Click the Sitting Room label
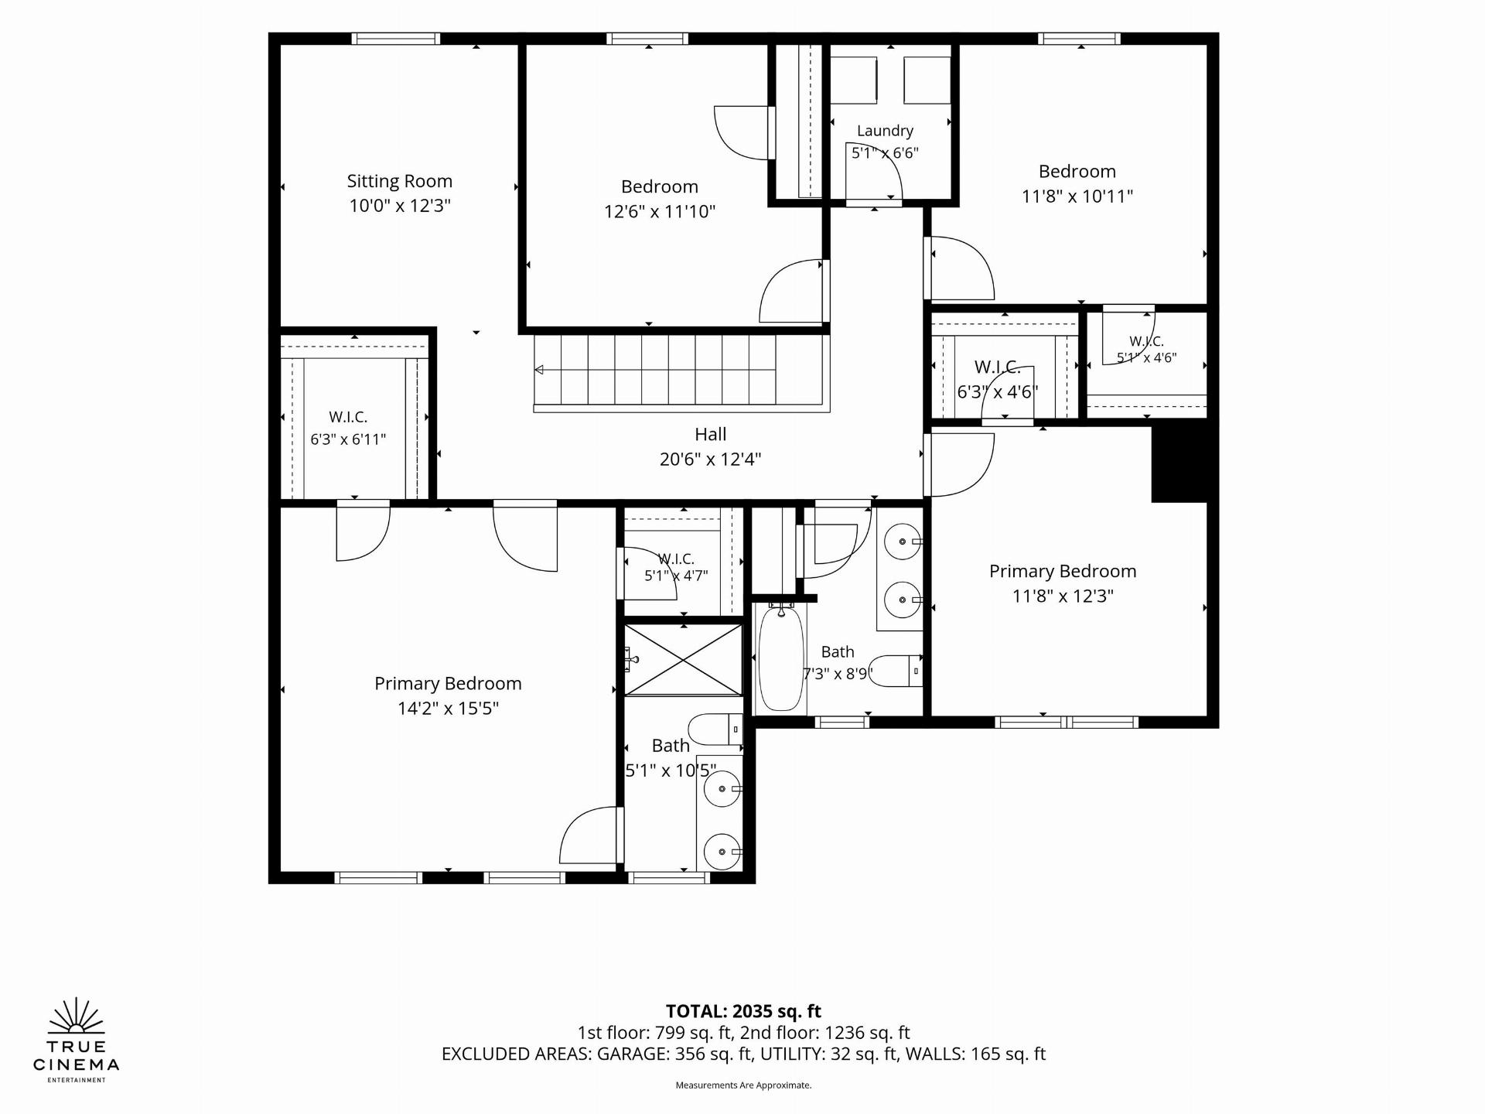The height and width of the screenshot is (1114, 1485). (399, 182)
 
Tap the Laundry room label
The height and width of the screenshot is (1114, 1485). (885, 132)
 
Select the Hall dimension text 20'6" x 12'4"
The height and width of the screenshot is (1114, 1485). (710, 460)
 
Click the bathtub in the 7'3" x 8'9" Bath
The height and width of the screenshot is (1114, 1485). (780, 658)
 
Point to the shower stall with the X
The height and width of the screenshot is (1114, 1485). (683, 660)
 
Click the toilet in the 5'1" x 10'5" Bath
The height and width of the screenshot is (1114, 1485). (715, 730)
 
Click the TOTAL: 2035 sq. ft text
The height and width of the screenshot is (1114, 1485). (743, 1011)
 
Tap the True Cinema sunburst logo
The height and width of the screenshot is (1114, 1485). (76, 1016)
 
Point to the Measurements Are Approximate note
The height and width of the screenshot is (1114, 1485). (743, 1085)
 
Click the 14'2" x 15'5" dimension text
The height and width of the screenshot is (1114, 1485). (448, 709)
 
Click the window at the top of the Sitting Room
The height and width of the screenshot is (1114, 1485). (396, 39)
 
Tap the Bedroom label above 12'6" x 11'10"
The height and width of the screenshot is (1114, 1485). (660, 187)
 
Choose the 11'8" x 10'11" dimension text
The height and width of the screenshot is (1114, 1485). (1077, 196)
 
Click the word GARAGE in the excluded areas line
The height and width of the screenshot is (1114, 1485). (633, 1054)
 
